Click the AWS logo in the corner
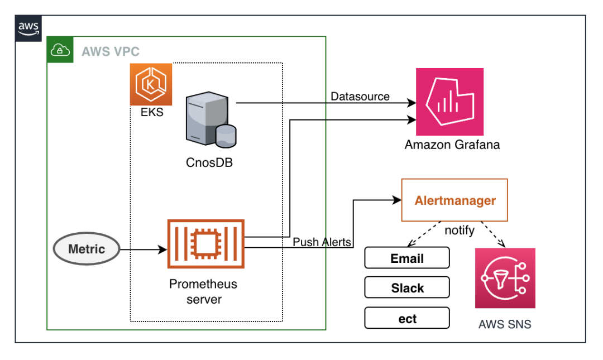coord(28,28)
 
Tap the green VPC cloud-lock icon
coord(59,50)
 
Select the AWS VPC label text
coord(111,52)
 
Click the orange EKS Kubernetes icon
coord(151,84)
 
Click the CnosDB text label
coord(209,162)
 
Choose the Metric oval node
coord(87,249)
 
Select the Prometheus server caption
coord(203,291)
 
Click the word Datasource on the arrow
coord(360,96)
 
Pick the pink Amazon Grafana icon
coord(449,101)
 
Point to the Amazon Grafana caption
coord(452,145)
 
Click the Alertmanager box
coord(454,200)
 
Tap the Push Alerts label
coord(322,242)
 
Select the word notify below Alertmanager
coord(459,230)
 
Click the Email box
coord(407,258)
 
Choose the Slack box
coord(407,288)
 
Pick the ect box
coord(407,318)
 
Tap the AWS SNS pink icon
coord(505,278)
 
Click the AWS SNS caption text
coord(505,324)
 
